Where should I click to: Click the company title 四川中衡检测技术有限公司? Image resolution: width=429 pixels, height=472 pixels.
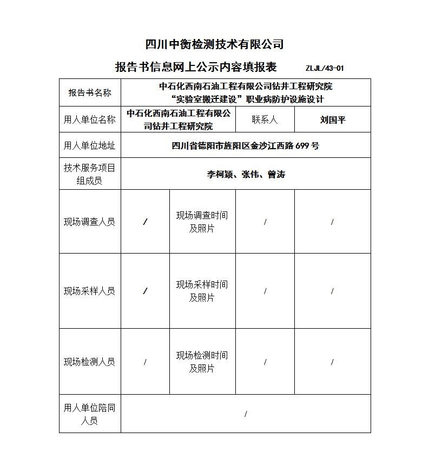[214, 44]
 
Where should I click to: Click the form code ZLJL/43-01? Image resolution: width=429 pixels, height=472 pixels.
[324, 68]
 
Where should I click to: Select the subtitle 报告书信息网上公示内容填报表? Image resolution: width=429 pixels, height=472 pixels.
[196, 67]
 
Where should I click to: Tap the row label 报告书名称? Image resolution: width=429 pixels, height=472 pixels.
[90, 92]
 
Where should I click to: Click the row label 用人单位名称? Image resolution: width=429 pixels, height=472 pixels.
[90, 119]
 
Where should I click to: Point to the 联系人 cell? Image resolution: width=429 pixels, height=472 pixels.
[265, 119]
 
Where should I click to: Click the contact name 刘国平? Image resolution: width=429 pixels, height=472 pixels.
[332, 119]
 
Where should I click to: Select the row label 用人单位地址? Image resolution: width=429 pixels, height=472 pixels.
[90, 145]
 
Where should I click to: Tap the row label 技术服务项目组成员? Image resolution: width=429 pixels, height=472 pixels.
[90, 174]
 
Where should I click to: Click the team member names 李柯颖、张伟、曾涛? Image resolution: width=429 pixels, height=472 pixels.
[246, 174]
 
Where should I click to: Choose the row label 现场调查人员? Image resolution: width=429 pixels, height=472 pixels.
[90, 222]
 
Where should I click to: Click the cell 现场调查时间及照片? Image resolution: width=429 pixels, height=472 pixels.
[202, 222]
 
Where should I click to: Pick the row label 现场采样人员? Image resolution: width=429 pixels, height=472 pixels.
[90, 291]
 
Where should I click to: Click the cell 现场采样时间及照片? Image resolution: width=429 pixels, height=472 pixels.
[202, 291]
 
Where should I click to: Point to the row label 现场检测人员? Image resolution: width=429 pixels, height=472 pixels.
[90, 362]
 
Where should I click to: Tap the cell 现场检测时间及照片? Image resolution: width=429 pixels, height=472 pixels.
[202, 362]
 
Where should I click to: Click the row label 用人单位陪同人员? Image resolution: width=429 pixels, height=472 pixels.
[90, 414]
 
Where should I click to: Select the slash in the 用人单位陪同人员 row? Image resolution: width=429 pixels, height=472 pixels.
[246, 414]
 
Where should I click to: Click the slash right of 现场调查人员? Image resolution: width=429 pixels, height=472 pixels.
[145, 222]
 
